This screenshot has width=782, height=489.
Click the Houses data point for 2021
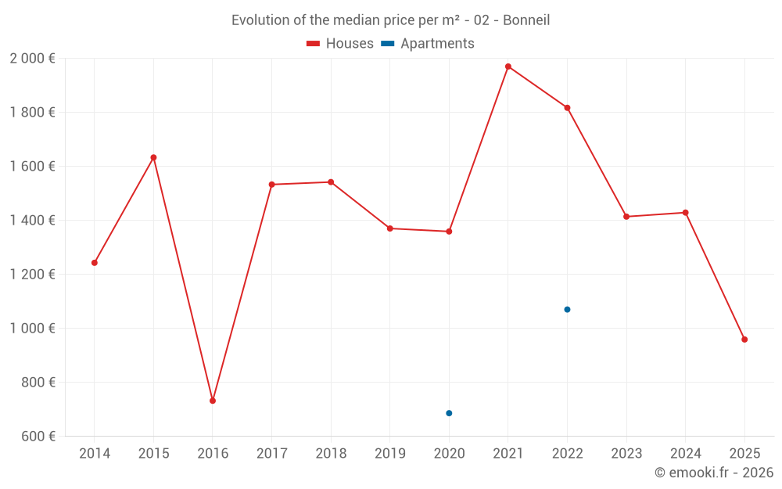pos(508,67)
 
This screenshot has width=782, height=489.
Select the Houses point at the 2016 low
pos(213,401)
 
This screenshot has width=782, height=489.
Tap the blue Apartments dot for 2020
pos(449,413)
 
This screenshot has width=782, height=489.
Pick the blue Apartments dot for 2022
pos(567,310)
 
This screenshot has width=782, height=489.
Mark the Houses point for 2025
pos(744,340)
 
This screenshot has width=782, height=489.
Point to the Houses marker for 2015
pos(153,157)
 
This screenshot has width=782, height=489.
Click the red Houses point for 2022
pos(567,107)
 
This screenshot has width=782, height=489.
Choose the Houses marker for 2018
pos(331,182)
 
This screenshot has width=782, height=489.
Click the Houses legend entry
pos(340,44)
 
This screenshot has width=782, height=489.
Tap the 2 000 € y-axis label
pos(32,59)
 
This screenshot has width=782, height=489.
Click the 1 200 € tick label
pos(32,275)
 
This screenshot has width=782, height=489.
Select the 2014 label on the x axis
pos(95,454)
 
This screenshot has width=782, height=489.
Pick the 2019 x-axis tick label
pos(390,454)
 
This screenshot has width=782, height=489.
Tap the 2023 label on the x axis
pos(626,454)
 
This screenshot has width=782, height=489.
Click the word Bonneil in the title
pos(526,20)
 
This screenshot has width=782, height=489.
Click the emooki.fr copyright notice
pos(713,473)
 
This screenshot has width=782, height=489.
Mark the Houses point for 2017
pos(271,185)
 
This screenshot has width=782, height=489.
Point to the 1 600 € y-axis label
pos(32,167)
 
